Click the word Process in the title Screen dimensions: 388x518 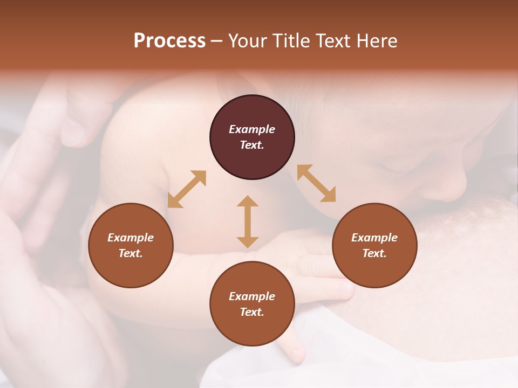click(x=169, y=41)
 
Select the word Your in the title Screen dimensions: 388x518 click(x=248, y=41)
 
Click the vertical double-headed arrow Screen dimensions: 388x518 click(x=248, y=221)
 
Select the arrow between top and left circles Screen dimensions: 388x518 click(x=187, y=189)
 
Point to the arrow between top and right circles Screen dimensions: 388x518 click(x=317, y=183)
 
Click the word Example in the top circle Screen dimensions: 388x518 click(x=252, y=129)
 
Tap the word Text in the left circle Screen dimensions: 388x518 click(x=131, y=253)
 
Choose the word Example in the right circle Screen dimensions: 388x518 click(x=374, y=238)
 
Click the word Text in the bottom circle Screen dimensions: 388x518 click(x=252, y=312)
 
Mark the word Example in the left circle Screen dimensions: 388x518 click(x=131, y=238)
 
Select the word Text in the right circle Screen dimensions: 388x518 click(x=374, y=253)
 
